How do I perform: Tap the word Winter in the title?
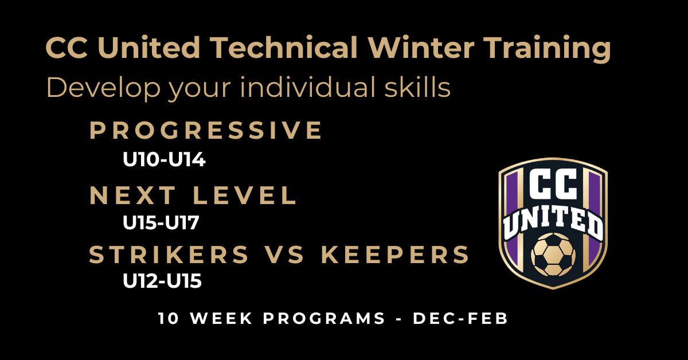[421, 48]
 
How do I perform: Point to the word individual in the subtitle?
[308, 87]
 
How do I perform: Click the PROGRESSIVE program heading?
[205, 130]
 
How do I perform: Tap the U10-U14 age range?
[164, 159]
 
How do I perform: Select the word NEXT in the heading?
[132, 195]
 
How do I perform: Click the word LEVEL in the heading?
[244, 195]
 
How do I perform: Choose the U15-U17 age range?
[161, 222]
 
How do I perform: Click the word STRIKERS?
[169, 255]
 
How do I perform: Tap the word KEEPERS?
[395, 255]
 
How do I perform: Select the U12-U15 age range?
[162, 281]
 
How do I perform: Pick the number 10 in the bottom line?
[169, 318]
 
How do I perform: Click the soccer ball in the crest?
[553, 255]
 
